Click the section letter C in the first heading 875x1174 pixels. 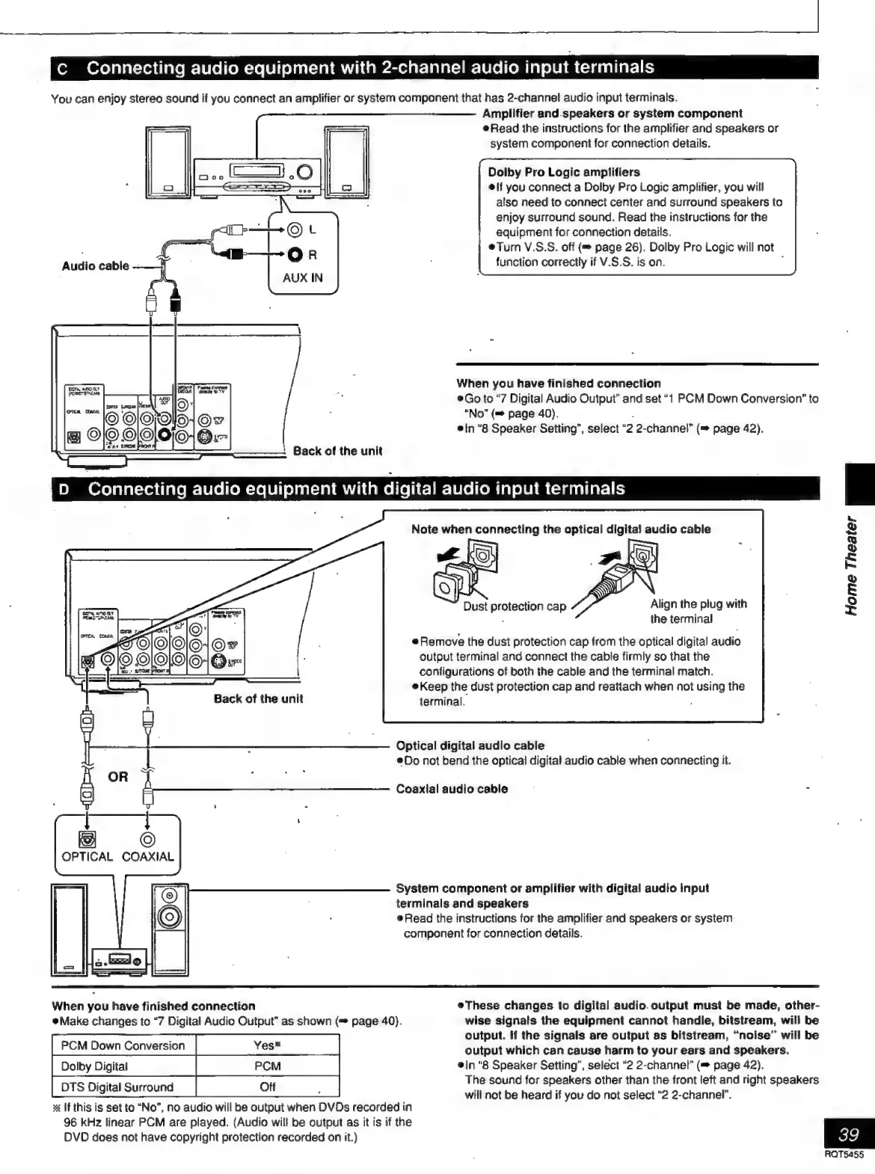click(63, 69)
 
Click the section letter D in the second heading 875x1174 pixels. click(64, 491)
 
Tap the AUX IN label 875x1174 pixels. click(303, 277)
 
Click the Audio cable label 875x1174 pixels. click(95, 266)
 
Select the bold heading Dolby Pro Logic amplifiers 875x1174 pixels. click(564, 172)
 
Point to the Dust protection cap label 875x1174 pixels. click(515, 606)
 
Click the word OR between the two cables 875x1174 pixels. click(118, 776)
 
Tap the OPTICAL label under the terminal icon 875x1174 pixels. click(87, 857)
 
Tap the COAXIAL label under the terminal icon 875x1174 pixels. click(148, 857)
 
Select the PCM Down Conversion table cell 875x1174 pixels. click(123, 1045)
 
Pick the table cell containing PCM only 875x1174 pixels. click(267, 1066)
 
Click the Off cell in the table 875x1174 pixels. click(267, 1087)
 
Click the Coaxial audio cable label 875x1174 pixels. click(452, 789)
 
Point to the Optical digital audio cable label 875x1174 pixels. click(470, 746)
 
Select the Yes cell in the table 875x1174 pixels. click(267, 1045)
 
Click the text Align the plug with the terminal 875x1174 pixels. click(698, 611)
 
